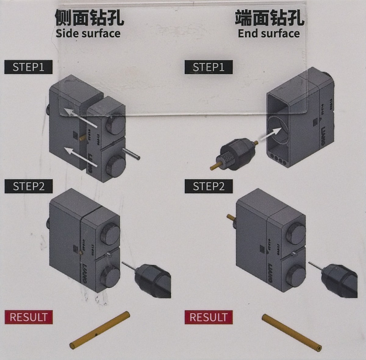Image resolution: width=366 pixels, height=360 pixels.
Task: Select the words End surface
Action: pos(269,33)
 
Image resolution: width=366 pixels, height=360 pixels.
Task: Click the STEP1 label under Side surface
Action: pos(28,67)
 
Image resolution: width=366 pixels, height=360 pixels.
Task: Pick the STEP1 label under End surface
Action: pos(209,67)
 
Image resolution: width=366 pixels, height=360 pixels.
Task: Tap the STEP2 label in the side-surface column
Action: pos(28,186)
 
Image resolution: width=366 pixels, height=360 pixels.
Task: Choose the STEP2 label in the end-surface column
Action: pos(209,186)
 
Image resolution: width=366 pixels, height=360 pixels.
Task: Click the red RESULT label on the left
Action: pos(28,317)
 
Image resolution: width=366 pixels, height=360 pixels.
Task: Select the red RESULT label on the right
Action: pos(209,317)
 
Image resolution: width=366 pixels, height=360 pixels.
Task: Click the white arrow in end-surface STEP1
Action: pos(270,134)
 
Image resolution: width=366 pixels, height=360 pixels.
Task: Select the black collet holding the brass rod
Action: pos(237,154)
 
